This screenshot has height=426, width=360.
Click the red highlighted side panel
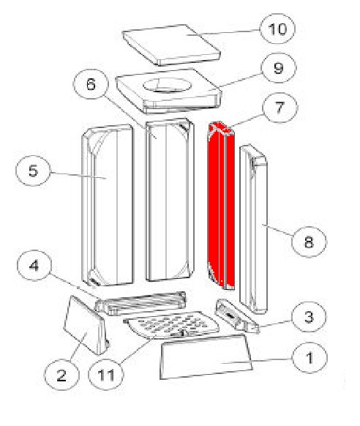click(x=221, y=206)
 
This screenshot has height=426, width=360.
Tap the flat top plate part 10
click(x=171, y=45)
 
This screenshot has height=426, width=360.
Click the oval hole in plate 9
click(x=167, y=86)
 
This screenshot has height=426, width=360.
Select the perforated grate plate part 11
click(x=171, y=325)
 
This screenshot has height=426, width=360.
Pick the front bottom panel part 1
click(x=206, y=357)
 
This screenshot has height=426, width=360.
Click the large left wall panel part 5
click(x=108, y=205)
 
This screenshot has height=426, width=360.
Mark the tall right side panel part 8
click(x=254, y=229)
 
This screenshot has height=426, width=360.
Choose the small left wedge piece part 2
click(x=86, y=326)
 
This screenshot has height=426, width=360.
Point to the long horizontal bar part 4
click(x=140, y=303)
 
